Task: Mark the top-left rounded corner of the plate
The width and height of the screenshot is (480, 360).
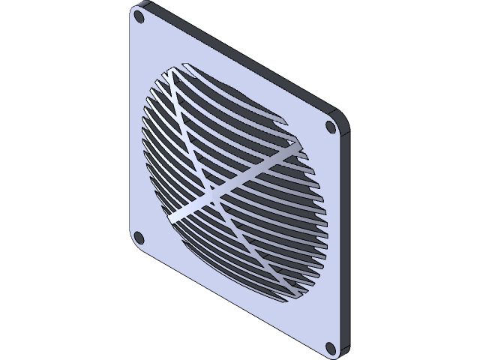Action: click(135, 9)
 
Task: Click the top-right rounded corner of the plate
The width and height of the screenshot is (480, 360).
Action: click(341, 120)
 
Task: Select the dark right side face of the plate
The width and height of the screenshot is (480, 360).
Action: click(347, 240)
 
